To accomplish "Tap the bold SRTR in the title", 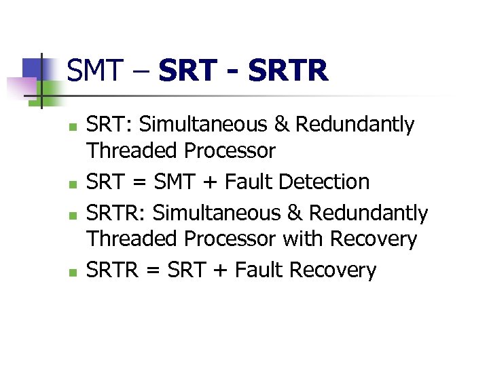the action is pyautogui.click(x=289, y=70).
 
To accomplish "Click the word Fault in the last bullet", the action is pyautogui.click(x=259, y=270).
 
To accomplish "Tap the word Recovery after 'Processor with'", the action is pyautogui.click(x=374, y=239).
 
